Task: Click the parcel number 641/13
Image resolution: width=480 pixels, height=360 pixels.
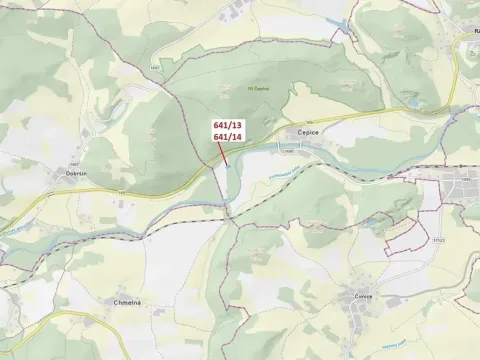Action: (x=227, y=125)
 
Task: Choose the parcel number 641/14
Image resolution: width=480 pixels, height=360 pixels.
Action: (x=227, y=136)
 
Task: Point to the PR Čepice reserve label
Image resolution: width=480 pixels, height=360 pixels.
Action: (x=258, y=89)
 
